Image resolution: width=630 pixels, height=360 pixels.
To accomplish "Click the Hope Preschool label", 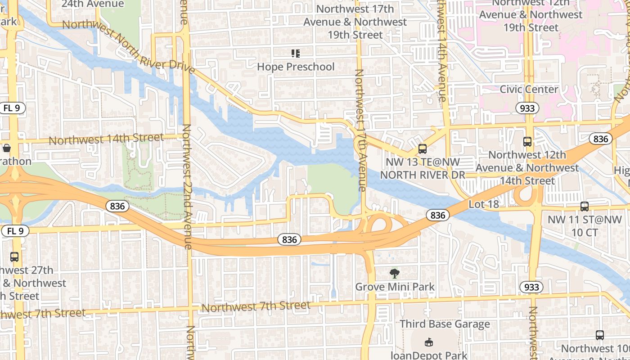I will (296, 67).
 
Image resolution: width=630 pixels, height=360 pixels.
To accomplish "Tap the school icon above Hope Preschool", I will (296, 54).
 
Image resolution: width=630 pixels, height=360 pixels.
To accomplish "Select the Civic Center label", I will (529, 89).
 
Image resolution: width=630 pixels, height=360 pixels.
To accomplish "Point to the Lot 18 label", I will (484, 204).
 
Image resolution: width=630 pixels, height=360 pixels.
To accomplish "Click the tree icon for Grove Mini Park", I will (395, 274).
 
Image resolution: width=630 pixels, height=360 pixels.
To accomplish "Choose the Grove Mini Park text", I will (395, 287).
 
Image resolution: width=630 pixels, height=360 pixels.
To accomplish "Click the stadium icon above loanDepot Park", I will (429, 343).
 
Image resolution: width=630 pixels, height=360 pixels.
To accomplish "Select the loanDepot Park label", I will (429, 355).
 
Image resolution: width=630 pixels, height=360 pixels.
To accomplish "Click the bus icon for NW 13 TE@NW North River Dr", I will (422, 148).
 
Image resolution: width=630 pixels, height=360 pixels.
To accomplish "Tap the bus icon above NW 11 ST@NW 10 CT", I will (584, 207).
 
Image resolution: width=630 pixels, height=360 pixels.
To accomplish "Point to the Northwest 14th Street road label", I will (106, 139).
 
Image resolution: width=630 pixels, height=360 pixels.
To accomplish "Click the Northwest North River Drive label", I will (128, 45).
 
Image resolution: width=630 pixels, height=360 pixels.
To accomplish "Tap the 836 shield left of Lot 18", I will (437, 216).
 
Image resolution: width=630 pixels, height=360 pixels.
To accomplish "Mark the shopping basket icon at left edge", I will (7, 148).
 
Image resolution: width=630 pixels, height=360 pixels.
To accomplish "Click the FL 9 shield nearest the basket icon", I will (13, 108).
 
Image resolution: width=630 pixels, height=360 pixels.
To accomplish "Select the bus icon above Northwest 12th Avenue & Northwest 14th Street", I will (527, 142).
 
